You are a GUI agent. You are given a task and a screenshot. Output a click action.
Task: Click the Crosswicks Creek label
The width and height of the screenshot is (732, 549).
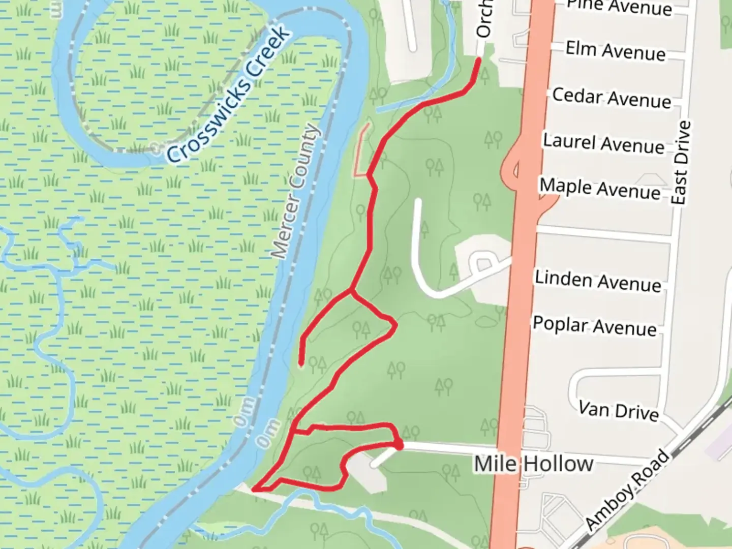tap(229, 95)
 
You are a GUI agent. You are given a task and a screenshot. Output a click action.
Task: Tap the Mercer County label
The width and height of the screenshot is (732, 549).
tap(296, 191)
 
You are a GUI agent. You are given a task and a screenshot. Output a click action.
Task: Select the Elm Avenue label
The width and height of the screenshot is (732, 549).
tap(615, 51)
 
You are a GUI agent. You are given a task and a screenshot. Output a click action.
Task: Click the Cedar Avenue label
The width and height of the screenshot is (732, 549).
tap(611, 98)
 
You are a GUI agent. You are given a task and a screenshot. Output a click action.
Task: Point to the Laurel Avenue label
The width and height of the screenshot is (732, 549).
tap(603, 143)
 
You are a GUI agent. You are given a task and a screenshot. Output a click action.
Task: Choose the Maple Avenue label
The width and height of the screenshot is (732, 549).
tap(600, 189)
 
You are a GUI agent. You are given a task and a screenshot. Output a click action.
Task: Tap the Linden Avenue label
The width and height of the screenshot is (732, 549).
tap(598, 280)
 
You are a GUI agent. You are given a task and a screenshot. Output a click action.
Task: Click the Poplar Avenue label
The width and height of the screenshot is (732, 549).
tap(594, 326)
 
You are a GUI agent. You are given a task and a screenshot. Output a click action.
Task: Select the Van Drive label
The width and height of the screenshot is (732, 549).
tap(618, 410)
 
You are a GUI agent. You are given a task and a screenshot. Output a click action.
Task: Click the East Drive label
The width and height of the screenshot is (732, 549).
tap(681, 163)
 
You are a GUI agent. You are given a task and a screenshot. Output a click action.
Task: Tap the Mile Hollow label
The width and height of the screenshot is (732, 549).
tap(533, 464)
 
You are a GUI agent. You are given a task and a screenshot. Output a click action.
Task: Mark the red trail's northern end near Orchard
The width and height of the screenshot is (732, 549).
tap(478, 60)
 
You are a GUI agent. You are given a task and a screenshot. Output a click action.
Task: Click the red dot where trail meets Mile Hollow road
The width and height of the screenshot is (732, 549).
tap(400, 446)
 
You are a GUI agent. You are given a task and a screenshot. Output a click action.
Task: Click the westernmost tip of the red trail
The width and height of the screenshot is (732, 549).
tap(254, 490)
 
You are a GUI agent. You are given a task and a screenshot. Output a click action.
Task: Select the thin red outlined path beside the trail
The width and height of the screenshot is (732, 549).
tap(360, 150)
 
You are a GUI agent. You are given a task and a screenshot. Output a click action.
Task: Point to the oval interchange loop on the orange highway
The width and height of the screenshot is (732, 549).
tap(510, 167)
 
